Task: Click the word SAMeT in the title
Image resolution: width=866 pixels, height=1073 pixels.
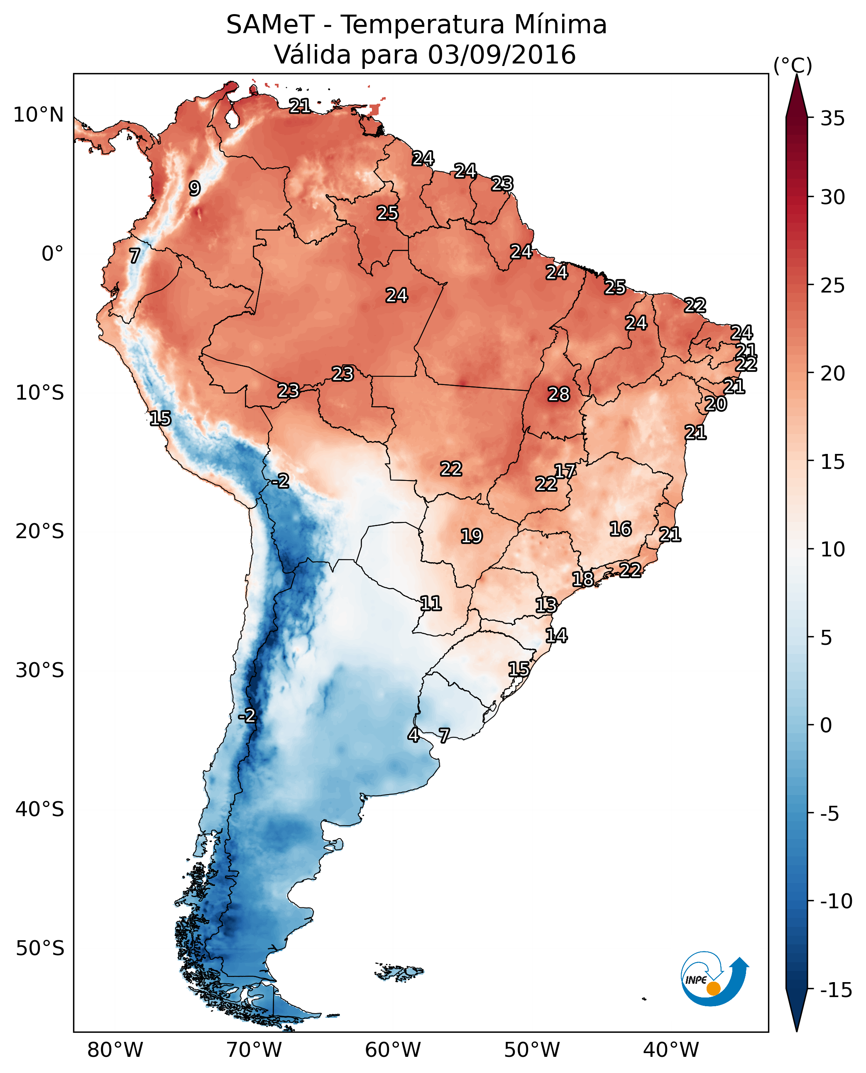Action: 270,25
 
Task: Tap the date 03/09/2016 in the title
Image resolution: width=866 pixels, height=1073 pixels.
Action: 501,55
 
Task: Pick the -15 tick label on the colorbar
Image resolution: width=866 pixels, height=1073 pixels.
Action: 836,990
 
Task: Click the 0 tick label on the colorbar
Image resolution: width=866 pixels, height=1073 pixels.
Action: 826,725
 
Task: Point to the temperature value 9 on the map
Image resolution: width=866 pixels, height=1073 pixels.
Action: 195,188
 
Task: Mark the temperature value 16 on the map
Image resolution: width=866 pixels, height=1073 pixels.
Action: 621,529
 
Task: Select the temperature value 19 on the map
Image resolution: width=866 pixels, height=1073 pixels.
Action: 472,536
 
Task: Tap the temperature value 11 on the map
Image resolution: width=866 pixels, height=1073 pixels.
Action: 431,604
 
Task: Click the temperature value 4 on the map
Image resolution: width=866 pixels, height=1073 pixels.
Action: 413,735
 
